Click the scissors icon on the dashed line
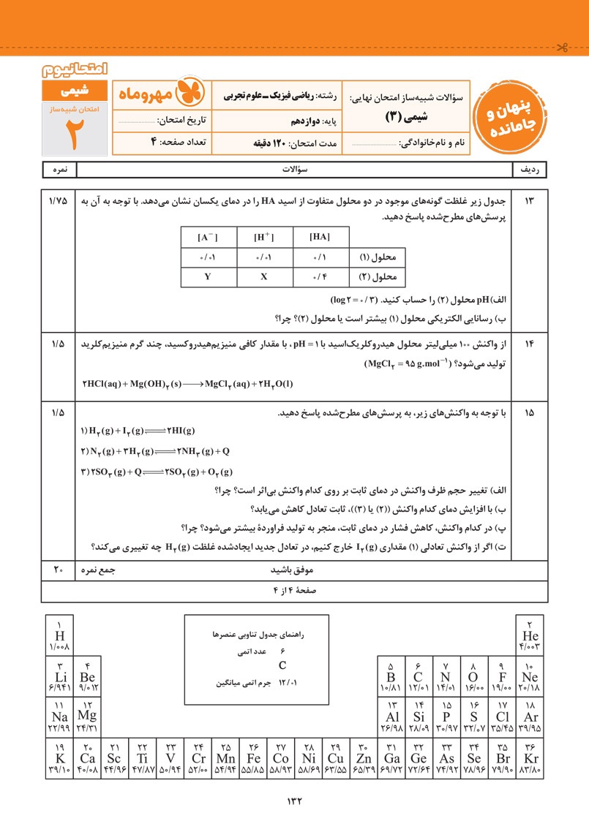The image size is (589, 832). coord(561,49)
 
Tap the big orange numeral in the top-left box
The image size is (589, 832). coord(72,133)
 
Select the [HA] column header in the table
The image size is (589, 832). coord(320,237)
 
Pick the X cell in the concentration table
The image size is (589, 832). coord(263,278)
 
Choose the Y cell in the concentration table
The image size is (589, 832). coord(208,278)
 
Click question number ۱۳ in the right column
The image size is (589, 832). coord(529,201)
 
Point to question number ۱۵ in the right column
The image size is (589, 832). coord(529,412)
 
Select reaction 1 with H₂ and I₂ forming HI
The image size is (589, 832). coord(138,431)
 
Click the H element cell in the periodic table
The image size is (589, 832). coord(59,635)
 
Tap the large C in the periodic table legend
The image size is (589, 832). coord(282,665)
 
